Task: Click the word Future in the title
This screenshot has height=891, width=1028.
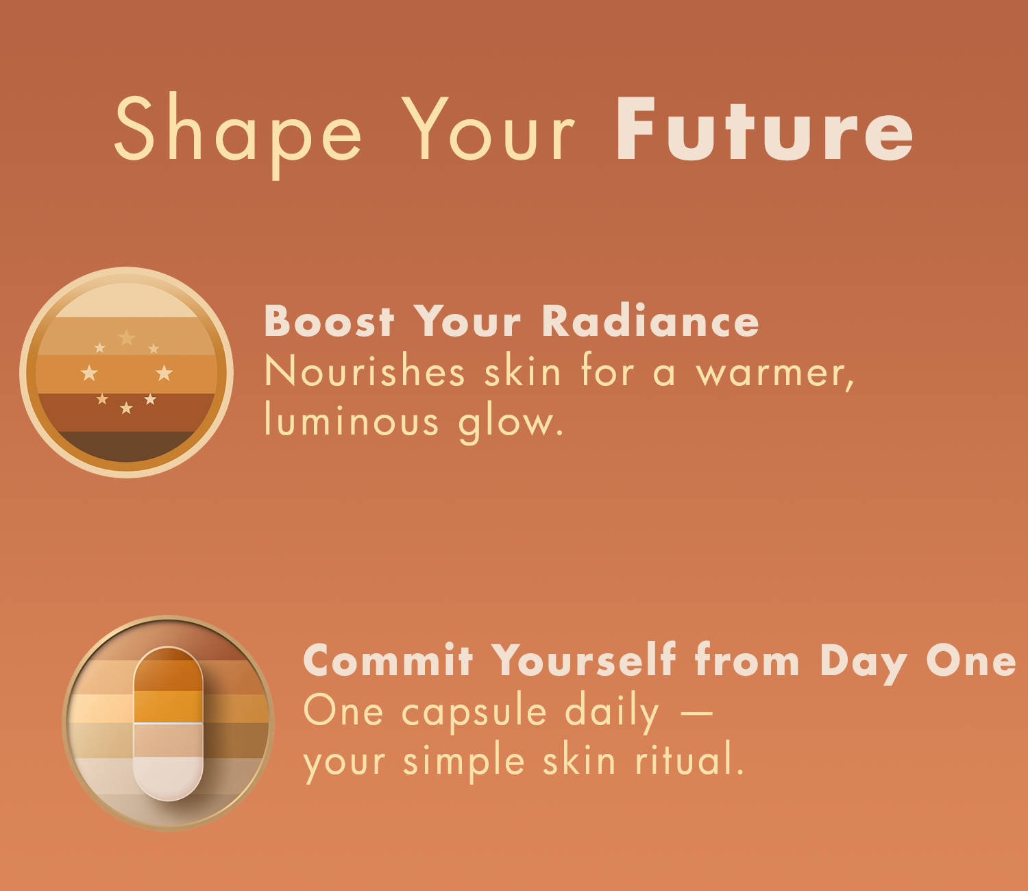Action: pos(764,130)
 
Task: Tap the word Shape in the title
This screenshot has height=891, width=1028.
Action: pos(238,134)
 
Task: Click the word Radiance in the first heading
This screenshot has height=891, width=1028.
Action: pos(650,320)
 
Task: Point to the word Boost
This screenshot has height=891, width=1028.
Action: pos(329,320)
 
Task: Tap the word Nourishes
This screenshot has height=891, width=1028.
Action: pos(365,370)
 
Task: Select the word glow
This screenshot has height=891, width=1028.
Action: pos(511,423)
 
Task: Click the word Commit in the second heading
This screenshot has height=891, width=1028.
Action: pos(388,660)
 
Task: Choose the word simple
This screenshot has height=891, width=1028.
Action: pos(463,762)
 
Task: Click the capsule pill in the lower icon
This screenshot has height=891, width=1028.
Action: pos(168,724)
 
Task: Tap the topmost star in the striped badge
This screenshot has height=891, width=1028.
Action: pos(127,337)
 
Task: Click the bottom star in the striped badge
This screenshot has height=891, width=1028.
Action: pos(126,408)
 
